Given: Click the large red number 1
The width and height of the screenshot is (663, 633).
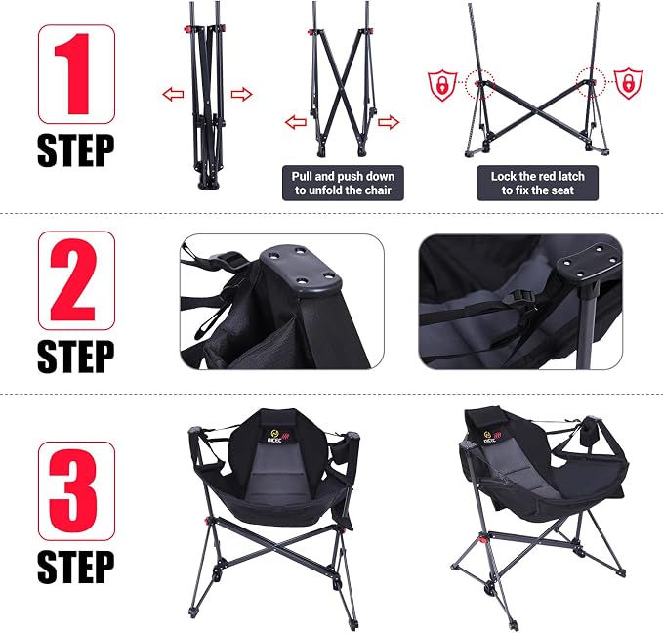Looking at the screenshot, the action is coord(72,74).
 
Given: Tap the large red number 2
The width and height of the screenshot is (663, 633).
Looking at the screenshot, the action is coord(72,280).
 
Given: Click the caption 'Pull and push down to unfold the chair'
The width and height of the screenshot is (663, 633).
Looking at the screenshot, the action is coord(343,183).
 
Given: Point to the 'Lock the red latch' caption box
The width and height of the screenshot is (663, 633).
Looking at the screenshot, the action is coord(537,183).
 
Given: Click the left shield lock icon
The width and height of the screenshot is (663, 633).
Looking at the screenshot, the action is coord(442,85).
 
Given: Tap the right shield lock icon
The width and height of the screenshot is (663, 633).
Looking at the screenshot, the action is coord(629,83).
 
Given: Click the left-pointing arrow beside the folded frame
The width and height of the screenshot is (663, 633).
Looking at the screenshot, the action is coord(174,94).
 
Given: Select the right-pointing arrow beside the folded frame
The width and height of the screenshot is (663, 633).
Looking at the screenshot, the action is coord(241,94).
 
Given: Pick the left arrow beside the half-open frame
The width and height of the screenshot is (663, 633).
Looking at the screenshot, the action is coord(296,123).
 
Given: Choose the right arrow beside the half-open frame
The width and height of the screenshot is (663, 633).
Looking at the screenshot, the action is coord(389,123).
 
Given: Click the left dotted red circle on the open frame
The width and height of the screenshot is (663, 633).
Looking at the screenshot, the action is coord(479,84).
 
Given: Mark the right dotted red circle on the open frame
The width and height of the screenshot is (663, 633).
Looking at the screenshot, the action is coord(591,82).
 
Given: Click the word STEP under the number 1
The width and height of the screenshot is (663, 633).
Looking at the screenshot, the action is coord(76,151).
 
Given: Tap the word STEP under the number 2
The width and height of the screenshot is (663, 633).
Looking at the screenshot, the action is coord(76,357).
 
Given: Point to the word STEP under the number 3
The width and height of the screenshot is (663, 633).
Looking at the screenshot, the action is coord(76,567).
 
